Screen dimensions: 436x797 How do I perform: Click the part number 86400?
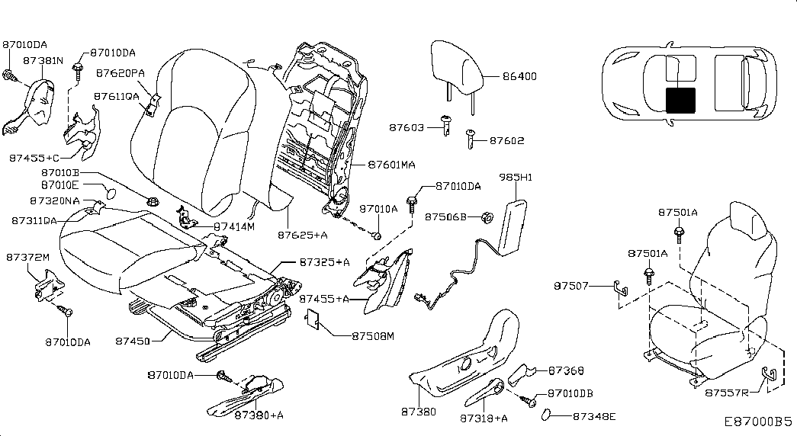[521, 77]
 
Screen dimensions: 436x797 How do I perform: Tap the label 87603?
[407, 127]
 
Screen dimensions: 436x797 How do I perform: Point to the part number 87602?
[507, 141]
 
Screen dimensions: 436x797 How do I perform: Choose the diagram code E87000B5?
[759, 421]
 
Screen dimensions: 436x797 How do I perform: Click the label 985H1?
[515, 177]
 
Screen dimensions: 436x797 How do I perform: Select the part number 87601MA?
[392, 164]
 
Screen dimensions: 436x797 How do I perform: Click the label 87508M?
[373, 335]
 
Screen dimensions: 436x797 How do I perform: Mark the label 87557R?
[725, 393]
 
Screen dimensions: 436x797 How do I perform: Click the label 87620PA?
[121, 74]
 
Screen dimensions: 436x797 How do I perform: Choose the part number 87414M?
[234, 226]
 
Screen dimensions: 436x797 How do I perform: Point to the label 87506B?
[445, 217]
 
